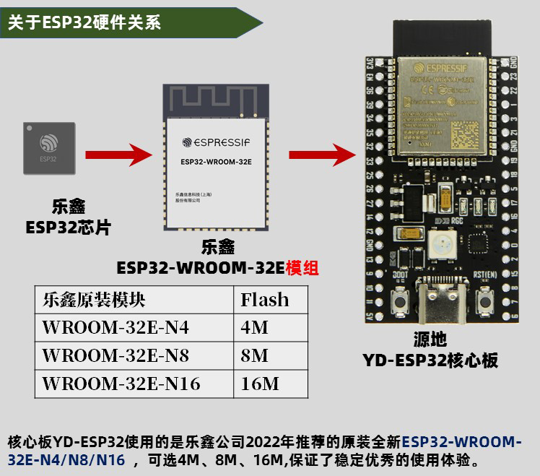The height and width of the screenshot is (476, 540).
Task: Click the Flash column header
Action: (x=264, y=299)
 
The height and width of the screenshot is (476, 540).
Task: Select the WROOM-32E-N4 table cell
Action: (x=116, y=327)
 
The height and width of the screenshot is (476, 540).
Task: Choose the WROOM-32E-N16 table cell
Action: (x=121, y=383)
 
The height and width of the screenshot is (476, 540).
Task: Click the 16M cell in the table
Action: (x=259, y=383)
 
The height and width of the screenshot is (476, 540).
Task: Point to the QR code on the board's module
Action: (x=464, y=133)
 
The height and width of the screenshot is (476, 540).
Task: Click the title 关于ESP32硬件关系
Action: (x=84, y=22)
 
